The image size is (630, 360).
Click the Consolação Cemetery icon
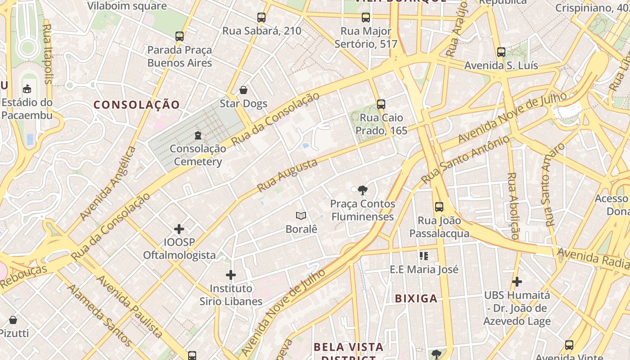tap(198, 135)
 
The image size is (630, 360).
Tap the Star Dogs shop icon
tap(243, 90)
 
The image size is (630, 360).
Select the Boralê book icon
tap(301, 216)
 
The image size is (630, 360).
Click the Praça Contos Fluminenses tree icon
tap(362, 190)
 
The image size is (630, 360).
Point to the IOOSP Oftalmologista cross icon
tap(179, 229)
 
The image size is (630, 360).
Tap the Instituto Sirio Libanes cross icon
tap(231, 275)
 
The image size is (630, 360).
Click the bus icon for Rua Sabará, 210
tap(261, 18)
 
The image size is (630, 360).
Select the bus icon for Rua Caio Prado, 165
tap(381, 104)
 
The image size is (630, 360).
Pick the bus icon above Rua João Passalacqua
tap(439, 207)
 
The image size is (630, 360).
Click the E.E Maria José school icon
tap(423, 256)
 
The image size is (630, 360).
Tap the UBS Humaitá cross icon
tap(517, 282)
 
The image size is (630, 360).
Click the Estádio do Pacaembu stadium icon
tap(27, 89)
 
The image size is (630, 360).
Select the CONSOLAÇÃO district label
tap(137, 105)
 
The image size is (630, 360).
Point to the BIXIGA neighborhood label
tap(416, 298)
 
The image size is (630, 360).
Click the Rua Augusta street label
tap(287, 175)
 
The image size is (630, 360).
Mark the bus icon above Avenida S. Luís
tap(501, 52)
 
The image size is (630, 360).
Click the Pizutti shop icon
tap(13, 320)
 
